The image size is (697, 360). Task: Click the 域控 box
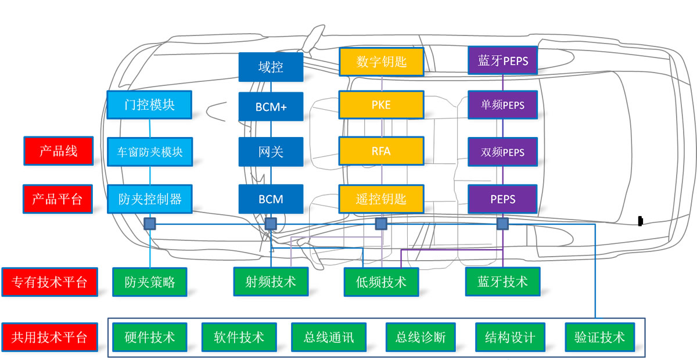point(271,67)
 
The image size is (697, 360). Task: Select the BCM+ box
point(271,106)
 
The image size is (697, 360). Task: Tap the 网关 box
point(271,152)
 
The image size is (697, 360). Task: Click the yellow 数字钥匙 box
point(382,62)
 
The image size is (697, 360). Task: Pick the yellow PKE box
point(382,105)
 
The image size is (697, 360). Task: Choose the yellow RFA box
point(382,152)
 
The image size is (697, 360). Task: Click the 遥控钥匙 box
point(382,199)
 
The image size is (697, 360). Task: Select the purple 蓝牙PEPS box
point(503,60)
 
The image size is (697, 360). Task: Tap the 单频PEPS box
point(503,105)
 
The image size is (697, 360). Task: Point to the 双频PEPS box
point(503,152)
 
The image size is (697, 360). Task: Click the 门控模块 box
point(149,105)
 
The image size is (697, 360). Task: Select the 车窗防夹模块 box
point(149,152)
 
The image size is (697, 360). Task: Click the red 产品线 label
point(58,152)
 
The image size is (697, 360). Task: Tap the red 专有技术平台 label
point(49,282)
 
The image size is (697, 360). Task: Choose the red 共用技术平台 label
point(49,337)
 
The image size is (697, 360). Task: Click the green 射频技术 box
point(271,282)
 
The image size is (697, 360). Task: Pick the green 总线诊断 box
point(421,337)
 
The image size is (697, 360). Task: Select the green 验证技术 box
point(599,337)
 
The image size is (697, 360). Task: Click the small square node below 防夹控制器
point(150,224)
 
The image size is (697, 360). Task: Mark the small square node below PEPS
point(502,224)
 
